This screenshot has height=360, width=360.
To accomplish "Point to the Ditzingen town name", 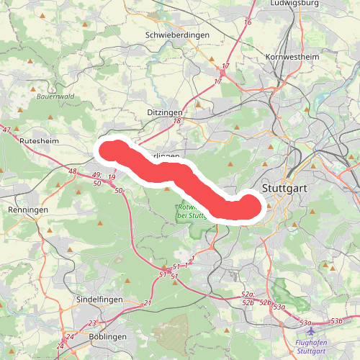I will [x=165, y=112].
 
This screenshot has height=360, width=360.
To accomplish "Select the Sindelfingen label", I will [x=99, y=299].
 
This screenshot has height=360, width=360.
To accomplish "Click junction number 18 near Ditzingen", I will [x=177, y=121].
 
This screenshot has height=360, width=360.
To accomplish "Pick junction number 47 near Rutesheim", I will [x=6, y=130].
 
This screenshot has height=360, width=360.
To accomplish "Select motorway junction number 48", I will [x=72, y=171].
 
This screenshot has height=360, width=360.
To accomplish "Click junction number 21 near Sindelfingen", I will [x=148, y=304].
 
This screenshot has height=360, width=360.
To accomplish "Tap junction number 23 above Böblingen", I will [x=92, y=323].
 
